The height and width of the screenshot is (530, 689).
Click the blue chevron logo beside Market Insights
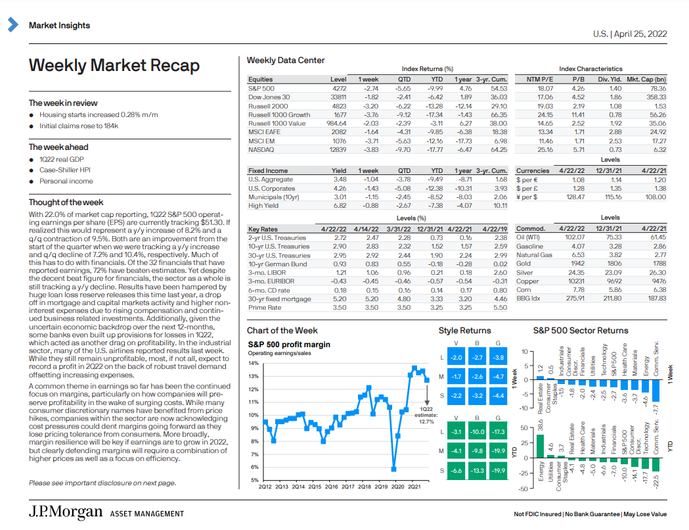13,24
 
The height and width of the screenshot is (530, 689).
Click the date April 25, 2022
640,34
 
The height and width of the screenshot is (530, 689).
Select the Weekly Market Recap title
114,66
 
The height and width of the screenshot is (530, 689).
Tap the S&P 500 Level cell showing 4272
339,88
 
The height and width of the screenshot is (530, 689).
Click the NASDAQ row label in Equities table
261,149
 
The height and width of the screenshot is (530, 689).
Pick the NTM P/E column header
540,80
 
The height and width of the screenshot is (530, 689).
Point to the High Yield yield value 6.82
340,205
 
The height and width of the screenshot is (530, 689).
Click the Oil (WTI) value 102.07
575,237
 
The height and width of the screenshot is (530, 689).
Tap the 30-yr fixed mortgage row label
279,299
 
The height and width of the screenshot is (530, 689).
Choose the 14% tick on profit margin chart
254,363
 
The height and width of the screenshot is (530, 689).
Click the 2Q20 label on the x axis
397,487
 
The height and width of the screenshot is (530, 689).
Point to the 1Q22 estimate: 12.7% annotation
426,415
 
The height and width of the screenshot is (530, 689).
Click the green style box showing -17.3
498,432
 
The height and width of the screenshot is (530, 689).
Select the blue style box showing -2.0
456,358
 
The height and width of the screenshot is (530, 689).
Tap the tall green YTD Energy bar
540,446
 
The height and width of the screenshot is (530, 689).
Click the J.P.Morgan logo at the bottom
66,512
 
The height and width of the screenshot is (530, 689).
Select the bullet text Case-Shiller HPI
65,170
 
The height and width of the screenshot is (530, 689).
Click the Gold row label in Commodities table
523,264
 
